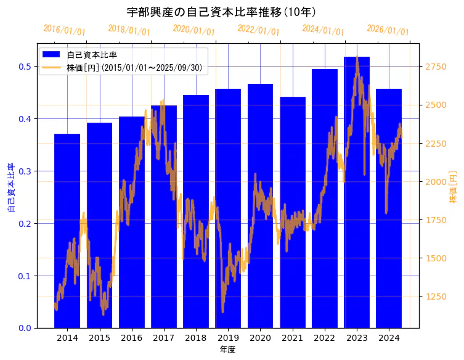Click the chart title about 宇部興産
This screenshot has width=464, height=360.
pyautogui.click(x=222, y=12)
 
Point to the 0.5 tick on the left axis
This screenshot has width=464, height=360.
pyautogui.click(x=25, y=67)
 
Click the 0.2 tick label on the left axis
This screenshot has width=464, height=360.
pyautogui.click(x=25, y=224)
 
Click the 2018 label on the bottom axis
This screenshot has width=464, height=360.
pyautogui.click(x=196, y=338)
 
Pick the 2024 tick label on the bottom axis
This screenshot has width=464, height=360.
pyautogui.click(x=389, y=338)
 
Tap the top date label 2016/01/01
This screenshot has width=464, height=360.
pyautogui.click(x=65, y=30)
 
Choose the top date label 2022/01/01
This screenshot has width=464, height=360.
pyautogui.click(x=258, y=30)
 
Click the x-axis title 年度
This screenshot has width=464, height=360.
pyautogui.click(x=228, y=350)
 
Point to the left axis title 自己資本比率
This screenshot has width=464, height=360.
pyautogui.click(x=11, y=188)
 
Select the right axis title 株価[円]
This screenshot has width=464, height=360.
pyautogui.click(x=453, y=187)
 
